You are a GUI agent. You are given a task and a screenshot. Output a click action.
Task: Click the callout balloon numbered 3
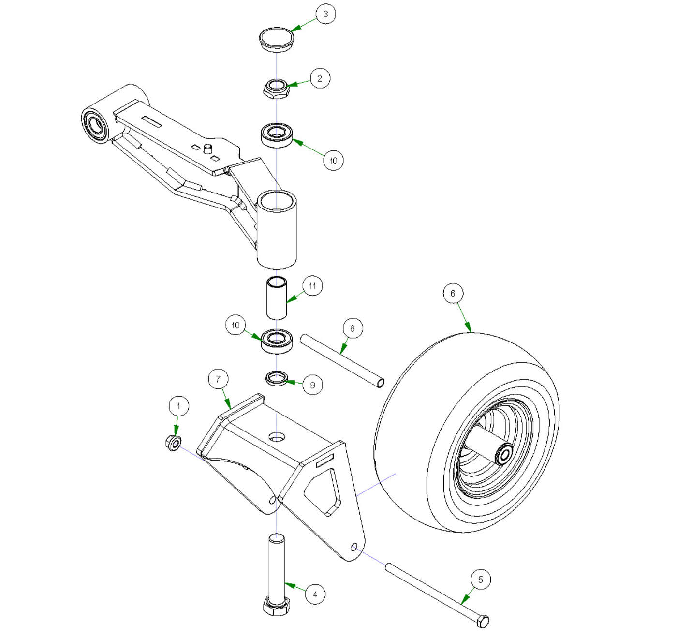(x=325, y=14)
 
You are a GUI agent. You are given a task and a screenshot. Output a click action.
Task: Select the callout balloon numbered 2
(x=320, y=78)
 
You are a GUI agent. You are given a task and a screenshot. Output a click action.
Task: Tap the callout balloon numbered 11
(x=312, y=286)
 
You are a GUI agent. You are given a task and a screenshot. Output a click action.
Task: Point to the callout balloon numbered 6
(x=453, y=293)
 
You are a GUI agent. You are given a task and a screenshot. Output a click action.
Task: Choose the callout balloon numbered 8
(x=352, y=328)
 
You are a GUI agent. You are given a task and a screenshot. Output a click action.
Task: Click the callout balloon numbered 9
(x=312, y=385)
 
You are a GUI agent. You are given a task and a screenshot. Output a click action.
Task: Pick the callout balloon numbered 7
(x=218, y=379)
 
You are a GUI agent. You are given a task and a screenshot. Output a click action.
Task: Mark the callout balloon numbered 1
(x=179, y=405)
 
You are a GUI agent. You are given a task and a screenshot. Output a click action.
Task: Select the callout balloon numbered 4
(x=315, y=594)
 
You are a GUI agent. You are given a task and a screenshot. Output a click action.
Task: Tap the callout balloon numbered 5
(x=480, y=580)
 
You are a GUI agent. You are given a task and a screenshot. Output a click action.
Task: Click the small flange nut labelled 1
(x=174, y=442)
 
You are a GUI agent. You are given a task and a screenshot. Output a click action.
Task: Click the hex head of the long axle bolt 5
(x=483, y=622)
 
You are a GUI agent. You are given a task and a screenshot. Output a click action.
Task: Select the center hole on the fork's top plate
(x=276, y=437)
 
